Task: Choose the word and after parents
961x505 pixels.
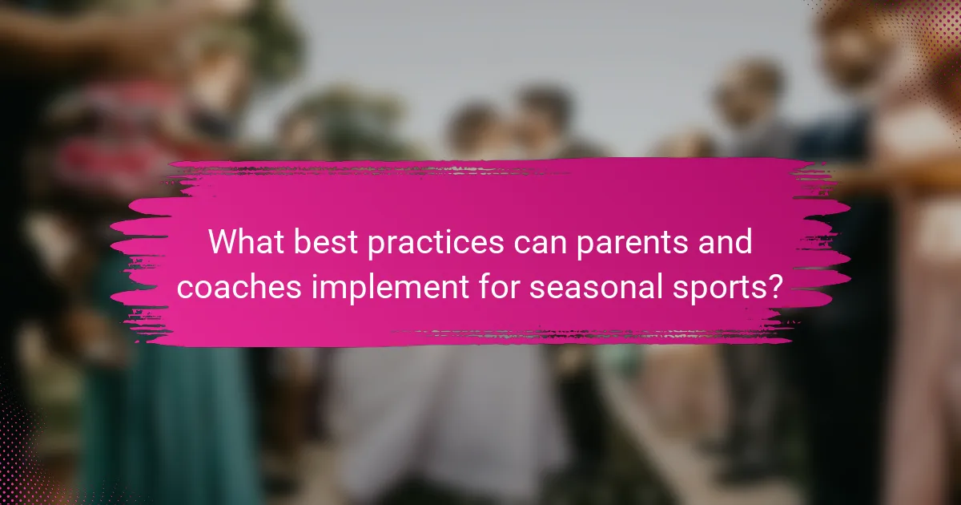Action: [x=726, y=241]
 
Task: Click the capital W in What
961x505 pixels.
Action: [x=222, y=241]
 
